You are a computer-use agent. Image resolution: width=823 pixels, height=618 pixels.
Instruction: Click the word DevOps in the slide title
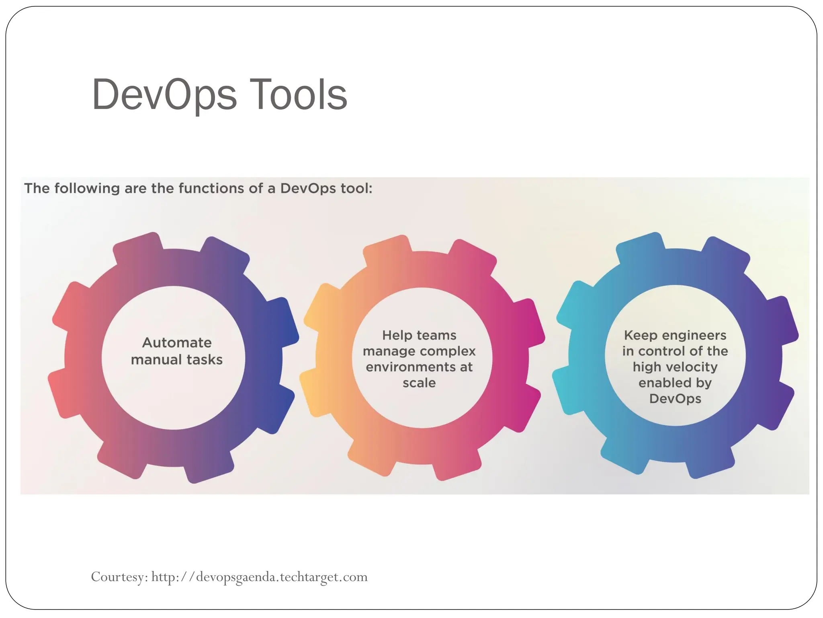[x=164, y=95]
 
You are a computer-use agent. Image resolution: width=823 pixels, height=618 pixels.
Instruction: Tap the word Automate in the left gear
[x=177, y=343]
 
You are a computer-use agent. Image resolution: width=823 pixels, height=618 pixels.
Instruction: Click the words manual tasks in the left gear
[x=177, y=360]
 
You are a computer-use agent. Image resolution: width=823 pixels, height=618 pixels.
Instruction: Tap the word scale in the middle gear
[x=419, y=383]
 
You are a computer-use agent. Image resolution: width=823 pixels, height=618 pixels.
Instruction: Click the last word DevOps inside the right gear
[x=675, y=399]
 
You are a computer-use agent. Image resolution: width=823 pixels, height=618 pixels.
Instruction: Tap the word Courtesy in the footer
[x=119, y=577]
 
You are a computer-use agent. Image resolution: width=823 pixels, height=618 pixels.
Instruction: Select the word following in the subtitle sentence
[x=87, y=188]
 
